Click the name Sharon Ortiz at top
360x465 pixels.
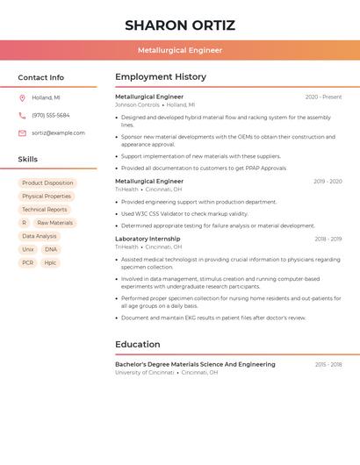pyautogui.click(x=179, y=25)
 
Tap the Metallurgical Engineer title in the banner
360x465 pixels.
pyautogui.click(x=179, y=50)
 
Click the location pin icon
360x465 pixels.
pyautogui.click(x=22, y=97)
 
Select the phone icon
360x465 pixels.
pyautogui.click(x=22, y=115)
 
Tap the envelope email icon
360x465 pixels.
pyautogui.click(x=22, y=132)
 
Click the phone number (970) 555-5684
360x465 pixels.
pyautogui.click(x=51, y=115)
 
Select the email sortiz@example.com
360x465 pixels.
pyautogui.click(x=58, y=132)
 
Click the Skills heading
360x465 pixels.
pyautogui.click(x=28, y=159)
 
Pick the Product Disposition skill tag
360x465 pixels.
pyautogui.click(x=47, y=183)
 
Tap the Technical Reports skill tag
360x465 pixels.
pyautogui.click(x=45, y=210)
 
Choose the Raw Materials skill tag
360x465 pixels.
pyautogui.click(x=54, y=223)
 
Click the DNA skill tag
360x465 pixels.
pyautogui.click(x=50, y=249)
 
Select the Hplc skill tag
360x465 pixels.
pyautogui.click(x=50, y=262)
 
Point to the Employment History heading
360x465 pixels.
pyautogui.click(x=161, y=76)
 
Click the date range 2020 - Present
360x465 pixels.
pyautogui.click(x=323, y=97)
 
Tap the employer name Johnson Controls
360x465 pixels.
pyautogui.click(x=137, y=104)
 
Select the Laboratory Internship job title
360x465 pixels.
pyautogui.click(x=148, y=239)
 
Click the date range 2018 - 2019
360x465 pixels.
pyautogui.click(x=328, y=239)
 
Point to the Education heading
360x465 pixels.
pyautogui.click(x=137, y=344)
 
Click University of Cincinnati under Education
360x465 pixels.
pyautogui.click(x=144, y=372)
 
